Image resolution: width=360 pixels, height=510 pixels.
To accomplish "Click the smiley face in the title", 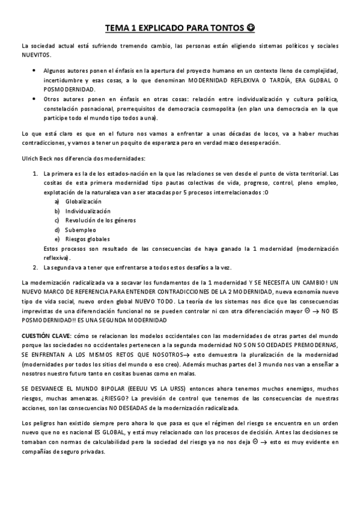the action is click(x=250, y=28).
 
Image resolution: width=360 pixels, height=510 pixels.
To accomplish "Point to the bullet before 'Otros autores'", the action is click(x=33, y=99).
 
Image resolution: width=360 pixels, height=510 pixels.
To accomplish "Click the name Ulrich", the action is click(x=31, y=158).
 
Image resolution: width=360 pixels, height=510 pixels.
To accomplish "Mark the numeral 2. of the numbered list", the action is click(x=35, y=267).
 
